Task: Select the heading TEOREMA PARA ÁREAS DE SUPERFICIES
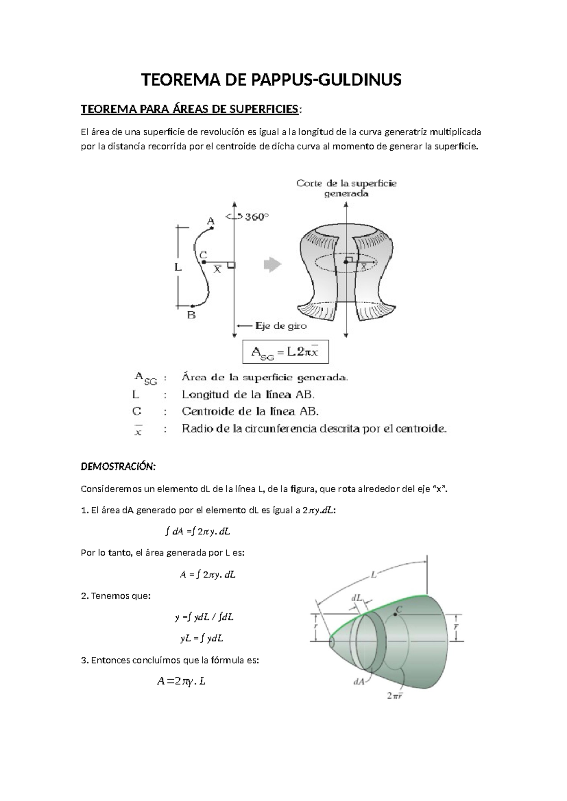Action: [189, 110]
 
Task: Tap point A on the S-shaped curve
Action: [212, 228]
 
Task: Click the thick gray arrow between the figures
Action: [272, 264]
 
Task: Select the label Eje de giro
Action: [281, 326]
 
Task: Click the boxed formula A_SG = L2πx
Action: [285, 352]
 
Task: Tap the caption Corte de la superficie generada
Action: [346, 188]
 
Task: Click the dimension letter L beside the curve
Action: [178, 267]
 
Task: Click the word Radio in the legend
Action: [196, 429]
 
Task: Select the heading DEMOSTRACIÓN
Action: [118, 467]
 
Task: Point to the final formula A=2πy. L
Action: [181, 681]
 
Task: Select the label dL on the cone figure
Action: [356, 598]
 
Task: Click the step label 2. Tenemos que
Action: [116, 596]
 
